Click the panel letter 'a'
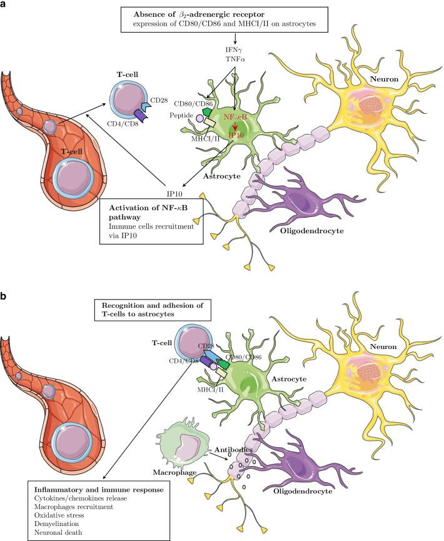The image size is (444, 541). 4,5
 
